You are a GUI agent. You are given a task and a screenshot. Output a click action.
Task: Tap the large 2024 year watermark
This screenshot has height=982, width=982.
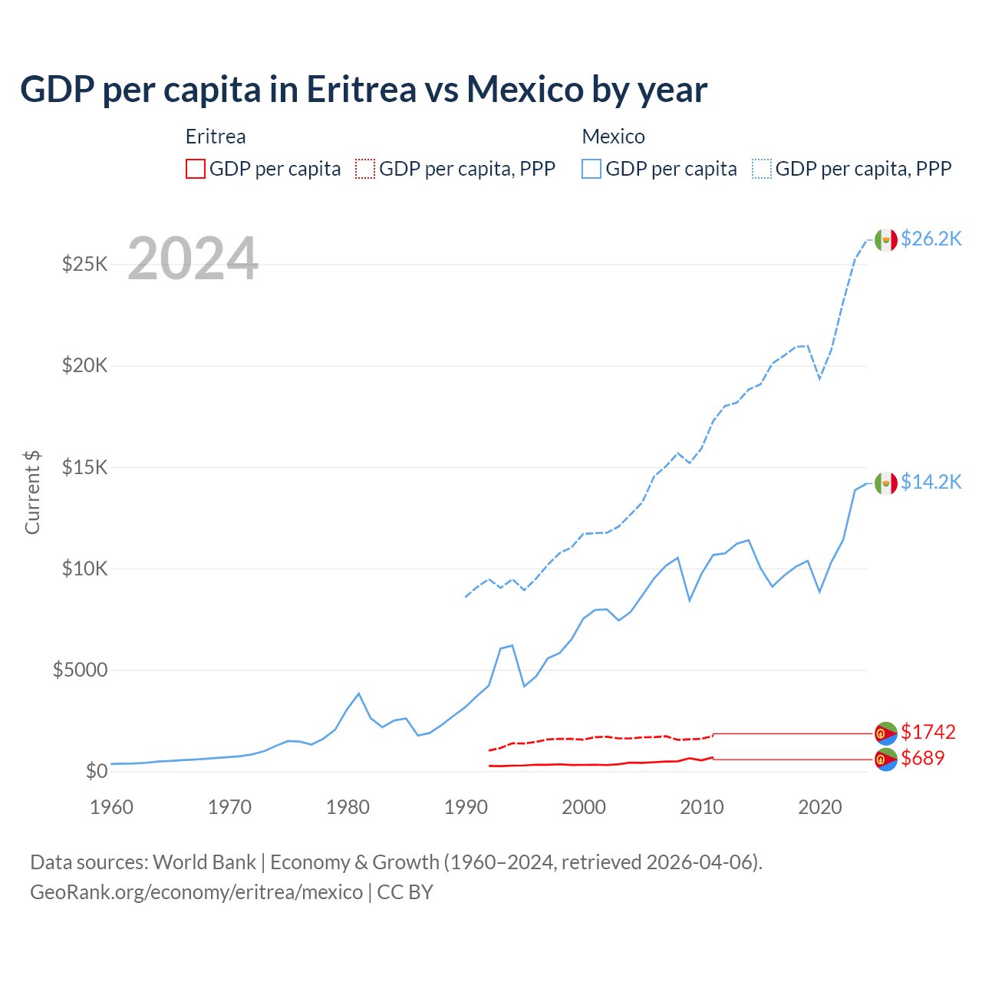pos(193,259)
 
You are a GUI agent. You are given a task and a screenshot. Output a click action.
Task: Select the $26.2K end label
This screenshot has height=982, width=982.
pos(931,239)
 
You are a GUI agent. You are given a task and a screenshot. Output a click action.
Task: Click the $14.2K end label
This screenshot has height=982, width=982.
pos(931,482)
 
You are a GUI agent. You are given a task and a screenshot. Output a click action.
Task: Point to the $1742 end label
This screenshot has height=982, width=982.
pos(928,732)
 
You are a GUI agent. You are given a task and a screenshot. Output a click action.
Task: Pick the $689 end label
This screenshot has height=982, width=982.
pos(922,758)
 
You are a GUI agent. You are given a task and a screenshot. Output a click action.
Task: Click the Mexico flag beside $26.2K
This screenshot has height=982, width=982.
pos(886,240)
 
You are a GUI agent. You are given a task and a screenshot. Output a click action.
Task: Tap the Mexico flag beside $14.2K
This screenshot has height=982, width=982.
pos(886,483)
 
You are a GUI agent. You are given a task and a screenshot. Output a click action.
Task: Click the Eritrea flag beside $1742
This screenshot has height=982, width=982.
pos(886,733)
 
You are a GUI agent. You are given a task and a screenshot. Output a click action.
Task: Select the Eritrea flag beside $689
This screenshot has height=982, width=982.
pos(886,760)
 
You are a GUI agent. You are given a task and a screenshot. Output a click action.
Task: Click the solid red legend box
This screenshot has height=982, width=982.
pos(196,169)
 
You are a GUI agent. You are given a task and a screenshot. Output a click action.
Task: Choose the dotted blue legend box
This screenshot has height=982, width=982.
pos(762,169)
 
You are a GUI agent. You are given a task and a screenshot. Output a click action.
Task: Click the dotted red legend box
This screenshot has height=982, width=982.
pos(365,169)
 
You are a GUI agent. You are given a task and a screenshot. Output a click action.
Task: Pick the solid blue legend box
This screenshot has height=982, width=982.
pos(592,169)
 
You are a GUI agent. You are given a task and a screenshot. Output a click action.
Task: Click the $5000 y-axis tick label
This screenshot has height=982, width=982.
pos(80,671)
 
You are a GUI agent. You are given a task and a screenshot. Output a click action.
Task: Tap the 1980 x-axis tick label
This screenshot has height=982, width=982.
pos(348,807)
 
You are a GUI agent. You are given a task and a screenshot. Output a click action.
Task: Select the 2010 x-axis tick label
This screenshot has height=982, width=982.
pos(702,807)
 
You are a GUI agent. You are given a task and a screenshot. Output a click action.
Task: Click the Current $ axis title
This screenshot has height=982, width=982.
pos(32,493)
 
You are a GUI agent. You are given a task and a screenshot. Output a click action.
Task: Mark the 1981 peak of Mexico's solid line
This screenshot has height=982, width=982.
pos(358,694)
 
